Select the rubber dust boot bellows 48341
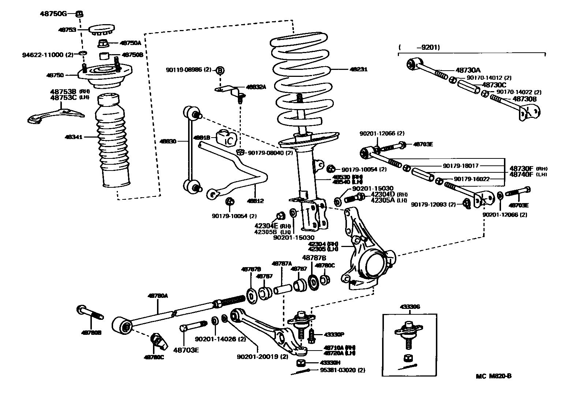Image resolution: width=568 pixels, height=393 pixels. (x=113, y=143)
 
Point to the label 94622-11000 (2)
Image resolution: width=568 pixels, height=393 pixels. (x=48, y=55)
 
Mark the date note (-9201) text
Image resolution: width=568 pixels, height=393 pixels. (x=419, y=47)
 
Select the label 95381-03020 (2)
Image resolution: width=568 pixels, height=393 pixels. (x=343, y=370)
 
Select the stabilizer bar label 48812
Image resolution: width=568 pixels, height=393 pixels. (x=255, y=201)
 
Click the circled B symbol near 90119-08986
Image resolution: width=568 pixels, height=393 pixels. (x=220, y=70)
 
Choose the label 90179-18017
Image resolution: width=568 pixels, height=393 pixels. (x=460, y=166)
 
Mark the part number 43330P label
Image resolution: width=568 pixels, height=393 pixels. (x=332, y=334)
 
